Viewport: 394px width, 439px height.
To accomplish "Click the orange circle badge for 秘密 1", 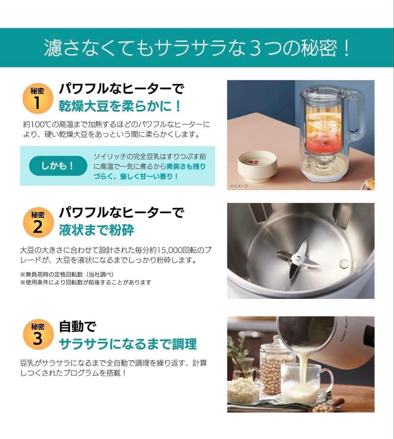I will (x=37, y=98).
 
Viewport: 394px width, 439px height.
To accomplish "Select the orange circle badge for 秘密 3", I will (x=37, y=335).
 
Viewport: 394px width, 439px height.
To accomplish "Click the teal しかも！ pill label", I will (x=58, y=166).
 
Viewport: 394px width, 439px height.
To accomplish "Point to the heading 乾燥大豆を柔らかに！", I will (x=120, y=106).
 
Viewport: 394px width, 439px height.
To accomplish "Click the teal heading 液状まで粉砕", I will (x=96, y=230).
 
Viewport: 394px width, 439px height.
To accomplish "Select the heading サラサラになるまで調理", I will (x=128, y=344).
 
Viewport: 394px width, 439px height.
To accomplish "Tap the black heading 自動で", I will (x=77, y=326).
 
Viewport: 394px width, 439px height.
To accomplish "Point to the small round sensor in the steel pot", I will (x=344, y=264).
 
